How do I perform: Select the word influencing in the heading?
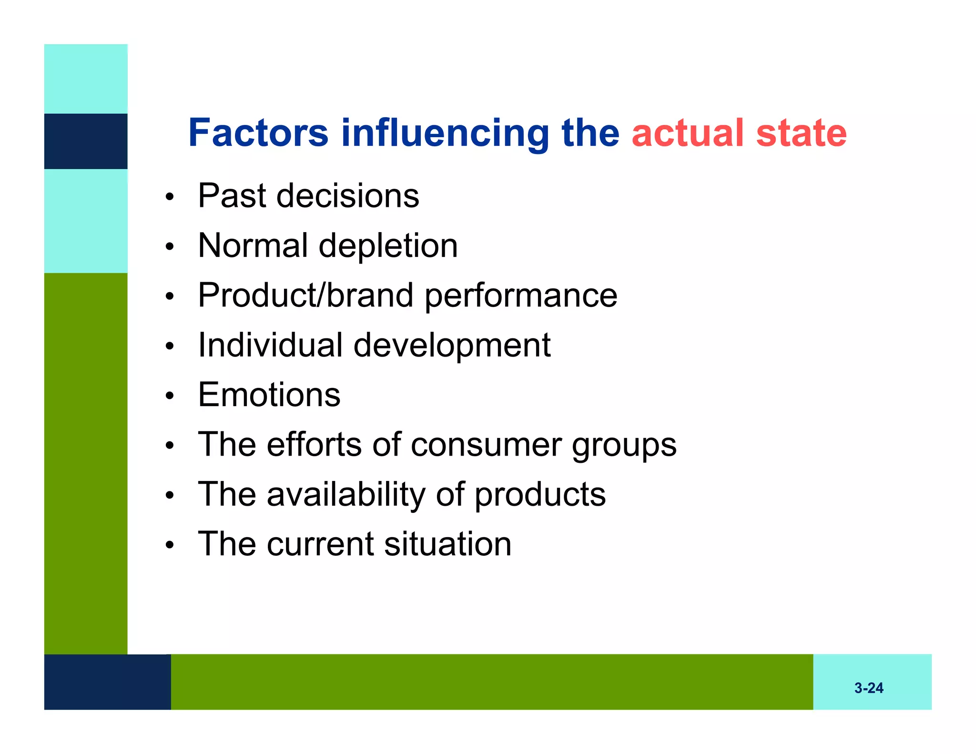(x=445, y=133)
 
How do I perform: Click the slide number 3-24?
(x=868, y=688)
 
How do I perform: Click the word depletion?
(x=388, y=246)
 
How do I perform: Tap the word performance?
(x=521, y=296)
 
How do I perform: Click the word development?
(x=452, y=346)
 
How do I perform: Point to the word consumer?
(x=486, y=445)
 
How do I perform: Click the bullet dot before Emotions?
(x=170, y=396)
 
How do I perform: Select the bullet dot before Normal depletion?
(x=170, y=246)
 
